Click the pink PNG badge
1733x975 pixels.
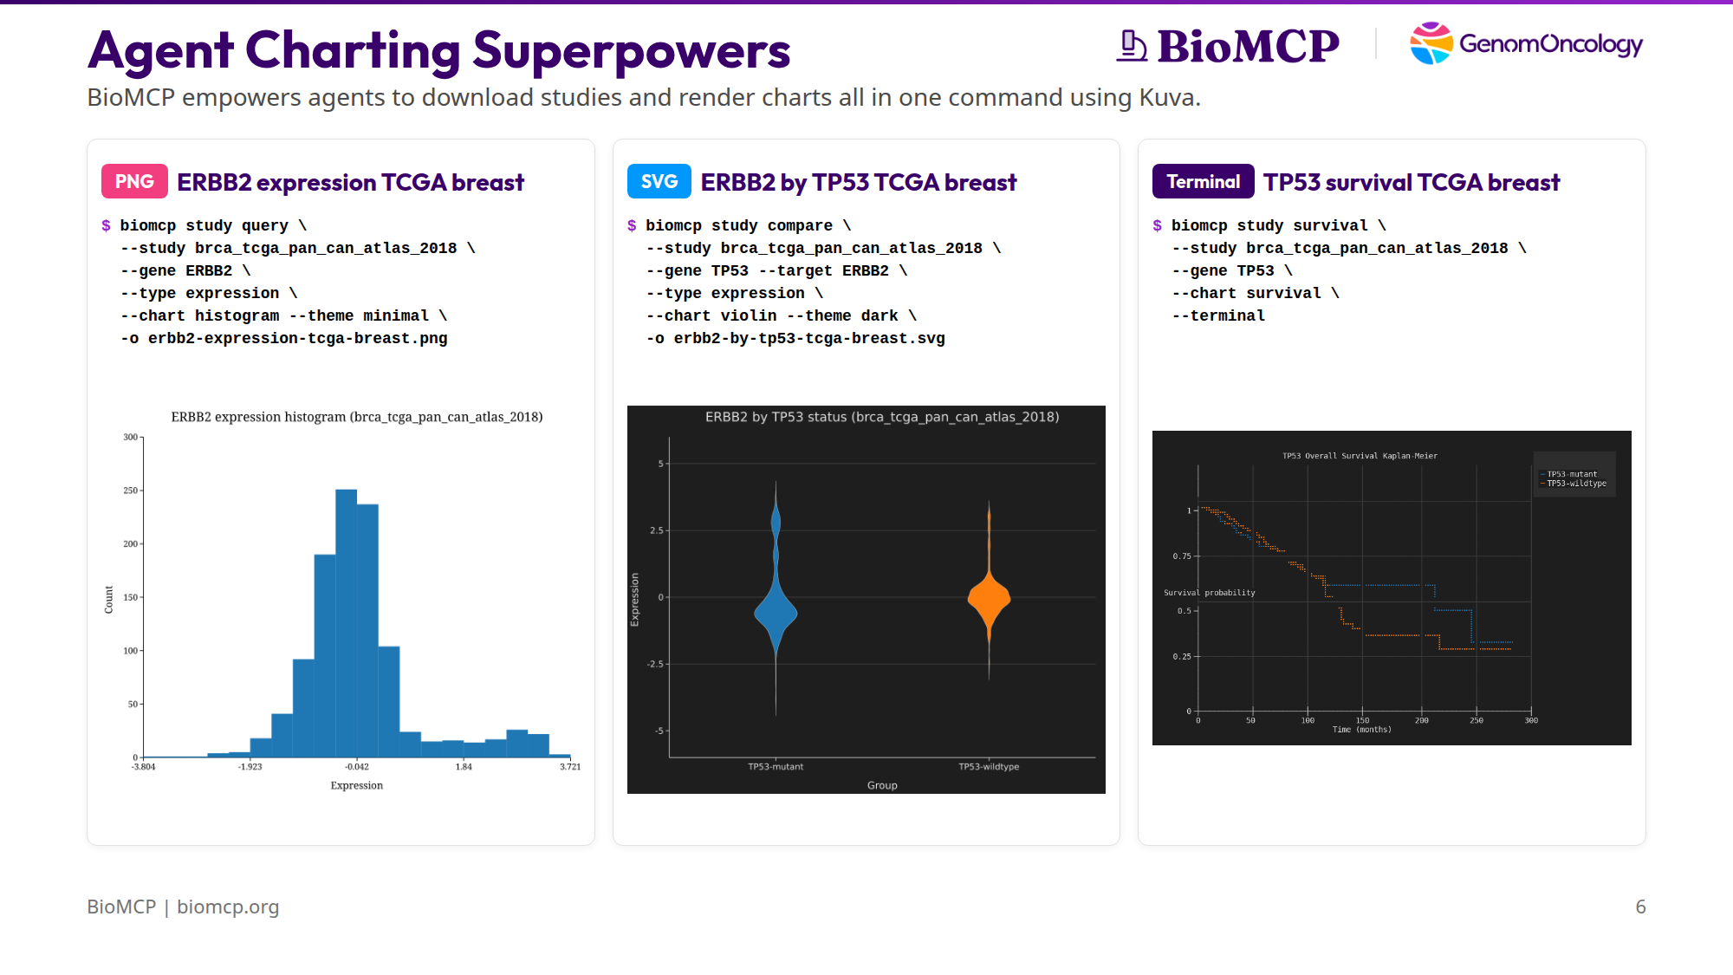click(x=134, y=182)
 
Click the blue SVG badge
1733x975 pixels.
click(x=659, y=182)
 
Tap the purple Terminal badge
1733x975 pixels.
click(x=1203, y=182)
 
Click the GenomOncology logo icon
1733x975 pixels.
click(x=1431, y=43)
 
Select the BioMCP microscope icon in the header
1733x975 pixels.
click(x=1131, y=46)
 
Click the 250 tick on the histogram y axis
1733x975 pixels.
click(x=131, y=491)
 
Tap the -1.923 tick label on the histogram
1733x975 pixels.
click(x=250, y=767)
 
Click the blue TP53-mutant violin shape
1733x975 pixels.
click(x=776, y=611)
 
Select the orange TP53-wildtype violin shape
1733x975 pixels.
click(x=989, y=598)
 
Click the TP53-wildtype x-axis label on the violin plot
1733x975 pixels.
click(x=989, y=767)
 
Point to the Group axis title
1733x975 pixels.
click(x=882, y=785)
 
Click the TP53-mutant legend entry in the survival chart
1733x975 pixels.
click(x=1572, y=474)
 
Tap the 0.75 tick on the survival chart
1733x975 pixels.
click(x=1182, y=556)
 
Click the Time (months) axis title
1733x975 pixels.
click(x=1361, y=730)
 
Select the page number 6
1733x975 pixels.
click(x=1640, y=907)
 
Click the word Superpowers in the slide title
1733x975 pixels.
click(x=632, y=50)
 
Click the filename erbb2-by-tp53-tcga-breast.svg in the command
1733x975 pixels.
click(x=809, y=339)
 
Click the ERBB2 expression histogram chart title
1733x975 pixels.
click(x=357, y=417)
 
